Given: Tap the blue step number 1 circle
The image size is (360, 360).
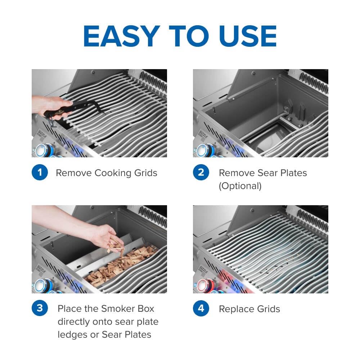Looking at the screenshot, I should click(x=40, y=173).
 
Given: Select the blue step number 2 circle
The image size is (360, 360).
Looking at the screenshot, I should click(x=201, y=173).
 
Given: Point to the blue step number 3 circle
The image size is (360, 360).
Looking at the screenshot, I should click(x=40, y=309).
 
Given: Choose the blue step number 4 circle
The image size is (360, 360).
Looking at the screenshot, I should click(x=201, y=309).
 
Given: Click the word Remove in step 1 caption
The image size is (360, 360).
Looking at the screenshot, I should click(x=73, y=173).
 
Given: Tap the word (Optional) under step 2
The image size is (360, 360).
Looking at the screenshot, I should click(x=240, y=186).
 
